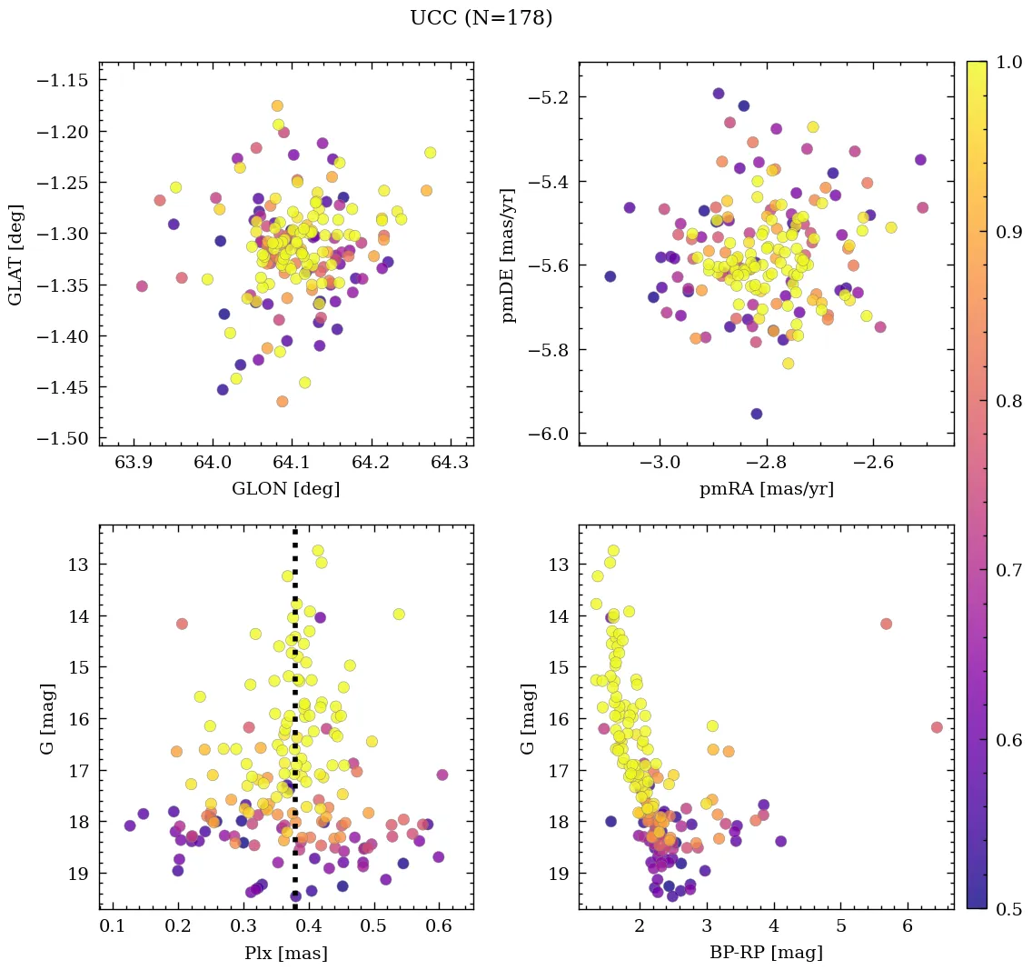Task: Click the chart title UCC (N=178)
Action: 481,18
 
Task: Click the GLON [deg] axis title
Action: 285,489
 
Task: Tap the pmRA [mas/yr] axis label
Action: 766,489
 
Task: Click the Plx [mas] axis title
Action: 285,954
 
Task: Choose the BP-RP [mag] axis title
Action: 766,954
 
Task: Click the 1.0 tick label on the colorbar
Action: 1007,62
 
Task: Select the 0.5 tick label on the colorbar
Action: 1007,909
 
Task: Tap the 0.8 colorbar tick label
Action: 1007,401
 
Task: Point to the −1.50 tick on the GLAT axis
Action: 63,439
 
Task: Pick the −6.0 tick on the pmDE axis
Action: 550,435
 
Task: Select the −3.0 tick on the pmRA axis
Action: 660,463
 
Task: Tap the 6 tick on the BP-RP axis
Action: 908,926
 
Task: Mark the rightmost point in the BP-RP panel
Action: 937,727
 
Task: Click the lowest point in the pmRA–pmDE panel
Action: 756,414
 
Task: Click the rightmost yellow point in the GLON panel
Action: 430,153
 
